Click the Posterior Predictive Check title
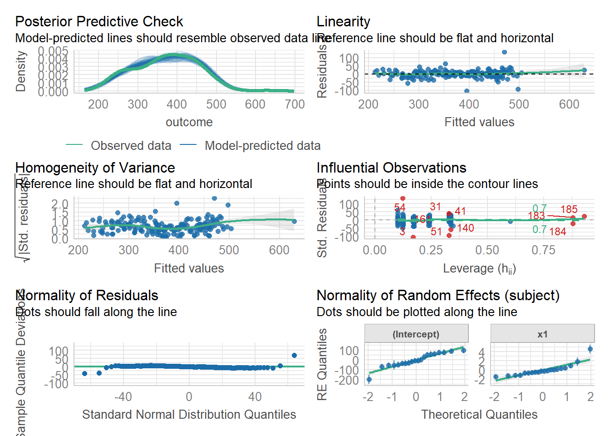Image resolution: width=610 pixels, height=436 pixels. coord(99,21)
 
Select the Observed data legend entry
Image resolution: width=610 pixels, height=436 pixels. coord(131,145)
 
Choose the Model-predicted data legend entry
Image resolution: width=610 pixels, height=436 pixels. coord(262,145)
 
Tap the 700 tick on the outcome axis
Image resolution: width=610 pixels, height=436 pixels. coord(295,104)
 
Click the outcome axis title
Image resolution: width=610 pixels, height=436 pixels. coord(189,122)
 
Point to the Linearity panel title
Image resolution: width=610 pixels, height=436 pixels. coord(343,21)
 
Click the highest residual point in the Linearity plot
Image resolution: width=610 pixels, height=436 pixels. coord(504,52)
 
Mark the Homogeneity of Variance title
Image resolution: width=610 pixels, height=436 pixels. coord(95,168)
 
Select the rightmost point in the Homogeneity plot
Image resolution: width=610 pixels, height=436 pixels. coord(294,222)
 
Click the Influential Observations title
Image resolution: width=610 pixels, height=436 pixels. coord(391,168)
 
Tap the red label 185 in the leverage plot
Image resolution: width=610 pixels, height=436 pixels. coord(569,209)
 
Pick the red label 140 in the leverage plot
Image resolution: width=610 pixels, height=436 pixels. coord(466,228)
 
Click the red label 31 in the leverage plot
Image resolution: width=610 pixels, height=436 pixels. coord(435,207)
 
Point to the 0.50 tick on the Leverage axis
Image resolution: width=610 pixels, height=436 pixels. coord(487,250)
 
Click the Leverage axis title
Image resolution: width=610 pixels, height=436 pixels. coord(479,268)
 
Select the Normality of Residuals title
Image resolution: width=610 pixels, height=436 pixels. coord(87,295)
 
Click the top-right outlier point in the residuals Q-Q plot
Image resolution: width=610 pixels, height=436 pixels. coord(294,356)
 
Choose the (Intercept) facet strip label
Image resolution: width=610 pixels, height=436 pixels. coord(416,334)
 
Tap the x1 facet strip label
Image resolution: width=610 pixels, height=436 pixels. coord(542,334)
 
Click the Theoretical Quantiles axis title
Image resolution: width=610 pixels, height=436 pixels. coord(479,414)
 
